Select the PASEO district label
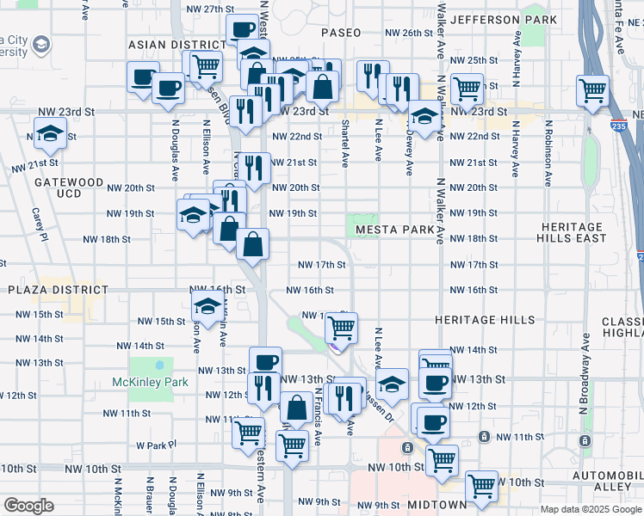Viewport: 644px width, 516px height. [x=341, y=32]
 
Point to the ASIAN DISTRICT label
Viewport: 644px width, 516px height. [x=176, y=44]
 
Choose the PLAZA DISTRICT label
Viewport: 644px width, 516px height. [x=55, y=291]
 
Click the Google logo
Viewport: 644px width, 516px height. [x=28, y=505]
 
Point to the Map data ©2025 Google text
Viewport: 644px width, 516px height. [x=590, y=509]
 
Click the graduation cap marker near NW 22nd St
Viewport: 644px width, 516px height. [x=50, y=133]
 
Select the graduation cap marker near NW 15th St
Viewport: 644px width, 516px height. [x=207, y=305]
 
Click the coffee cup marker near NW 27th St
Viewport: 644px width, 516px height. [x=241, y=31]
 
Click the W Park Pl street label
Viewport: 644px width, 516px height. [x=156, y=445]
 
